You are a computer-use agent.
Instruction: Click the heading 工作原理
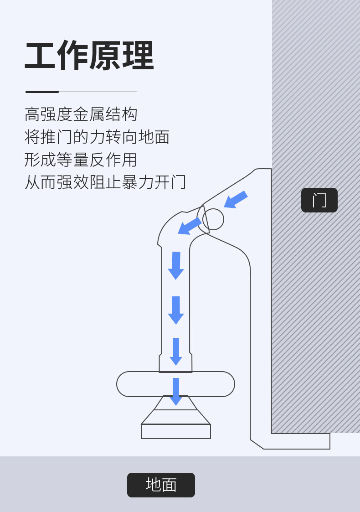89,56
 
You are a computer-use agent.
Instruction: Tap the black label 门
319,200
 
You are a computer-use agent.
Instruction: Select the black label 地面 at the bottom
161,485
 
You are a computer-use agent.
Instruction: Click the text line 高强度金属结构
81,114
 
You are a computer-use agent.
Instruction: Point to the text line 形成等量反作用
81,160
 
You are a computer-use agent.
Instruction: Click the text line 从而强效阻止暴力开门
105,182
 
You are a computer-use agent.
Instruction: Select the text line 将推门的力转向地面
97,137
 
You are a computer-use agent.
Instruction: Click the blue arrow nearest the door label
236,199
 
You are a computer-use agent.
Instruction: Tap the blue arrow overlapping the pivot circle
190,226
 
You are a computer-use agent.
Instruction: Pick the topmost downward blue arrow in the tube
176,265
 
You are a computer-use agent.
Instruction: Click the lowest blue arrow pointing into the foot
176,392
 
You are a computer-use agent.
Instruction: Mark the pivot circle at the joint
213,219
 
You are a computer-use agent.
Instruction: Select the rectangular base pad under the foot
176,431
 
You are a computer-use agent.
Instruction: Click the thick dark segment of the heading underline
42,92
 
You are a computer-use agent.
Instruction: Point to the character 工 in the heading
40,56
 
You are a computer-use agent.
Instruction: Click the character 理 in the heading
139,56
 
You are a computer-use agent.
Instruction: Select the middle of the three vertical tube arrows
176,310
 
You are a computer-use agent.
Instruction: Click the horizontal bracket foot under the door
296,441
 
